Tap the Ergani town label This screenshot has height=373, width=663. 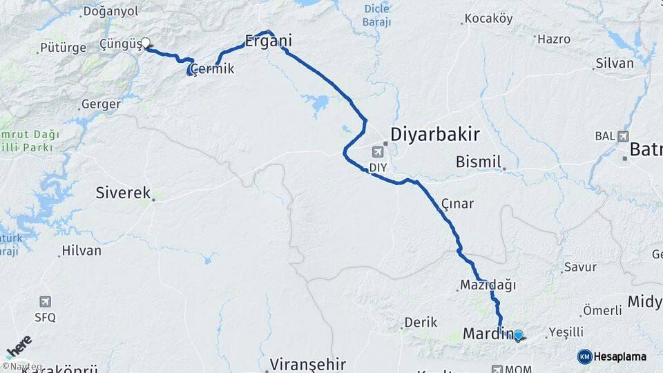269,41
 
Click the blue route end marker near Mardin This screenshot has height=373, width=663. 519,335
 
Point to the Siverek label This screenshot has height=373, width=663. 123,193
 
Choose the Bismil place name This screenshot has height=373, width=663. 478,162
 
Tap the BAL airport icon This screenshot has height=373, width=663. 624,136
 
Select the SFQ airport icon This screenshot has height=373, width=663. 46,302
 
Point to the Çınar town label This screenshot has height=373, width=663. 457,203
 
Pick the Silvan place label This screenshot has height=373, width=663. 614,63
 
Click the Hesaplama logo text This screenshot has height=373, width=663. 621,356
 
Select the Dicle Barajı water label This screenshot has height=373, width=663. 376,16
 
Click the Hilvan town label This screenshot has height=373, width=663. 81,251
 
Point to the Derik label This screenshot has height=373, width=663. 421,322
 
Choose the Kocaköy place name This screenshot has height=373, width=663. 488,19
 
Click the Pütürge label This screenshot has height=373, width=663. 63,48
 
